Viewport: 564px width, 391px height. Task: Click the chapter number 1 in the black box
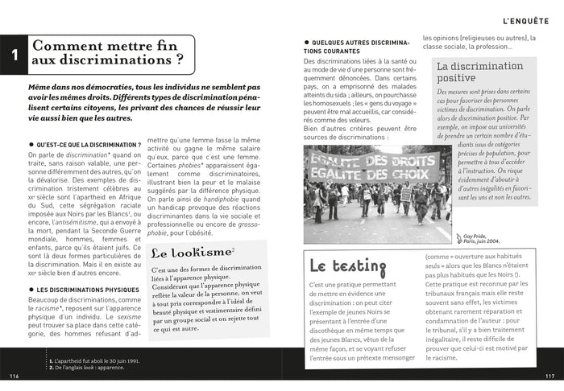point(14,55)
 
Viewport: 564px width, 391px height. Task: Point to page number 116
point(14,376)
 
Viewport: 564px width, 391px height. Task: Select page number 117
point(550,376)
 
